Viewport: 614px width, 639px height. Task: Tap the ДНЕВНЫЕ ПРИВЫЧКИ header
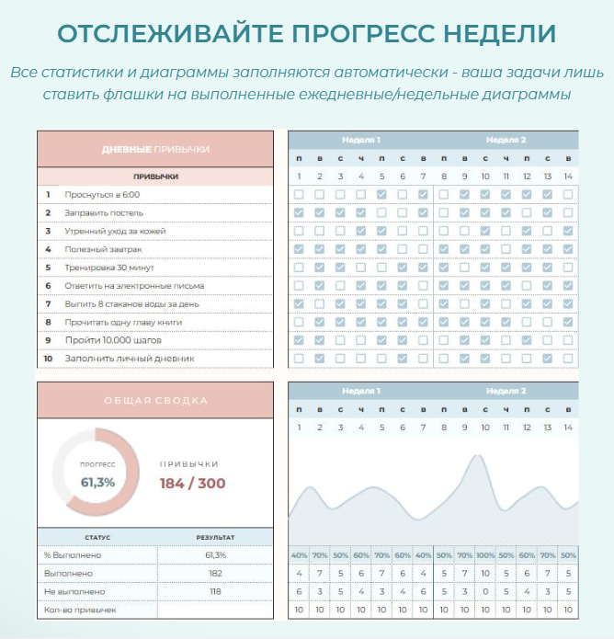155,148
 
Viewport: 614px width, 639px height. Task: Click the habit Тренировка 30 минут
106,267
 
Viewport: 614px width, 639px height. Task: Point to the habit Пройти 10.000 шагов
105,339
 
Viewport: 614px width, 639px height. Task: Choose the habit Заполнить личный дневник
116,358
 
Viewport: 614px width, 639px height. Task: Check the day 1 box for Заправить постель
299,212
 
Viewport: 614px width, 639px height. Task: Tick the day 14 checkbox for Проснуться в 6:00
568,194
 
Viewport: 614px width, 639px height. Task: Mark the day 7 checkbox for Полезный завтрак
423,249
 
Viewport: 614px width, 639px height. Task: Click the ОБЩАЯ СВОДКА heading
155,400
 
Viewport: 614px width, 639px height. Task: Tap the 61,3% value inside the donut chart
97,482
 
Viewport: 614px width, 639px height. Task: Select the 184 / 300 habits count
192,483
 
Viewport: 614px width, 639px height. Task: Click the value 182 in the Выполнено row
215,573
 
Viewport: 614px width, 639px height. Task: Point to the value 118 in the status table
215,591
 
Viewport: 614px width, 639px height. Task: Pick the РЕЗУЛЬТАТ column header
215,537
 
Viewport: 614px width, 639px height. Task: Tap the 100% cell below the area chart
484,555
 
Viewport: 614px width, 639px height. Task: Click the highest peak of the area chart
475,456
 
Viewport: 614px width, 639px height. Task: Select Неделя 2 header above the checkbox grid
506,140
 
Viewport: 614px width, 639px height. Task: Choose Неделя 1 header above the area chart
361,391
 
